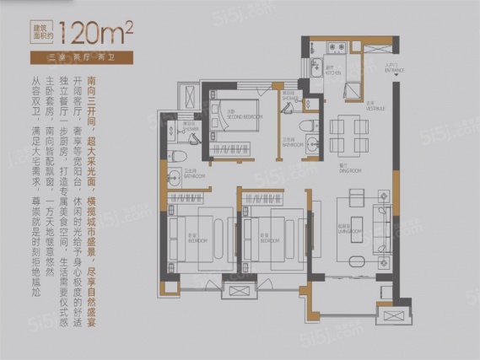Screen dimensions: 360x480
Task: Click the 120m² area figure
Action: coord(91,36)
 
